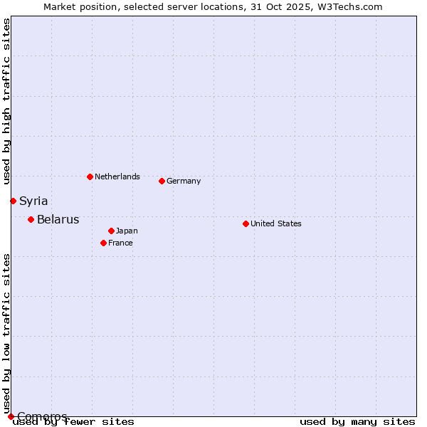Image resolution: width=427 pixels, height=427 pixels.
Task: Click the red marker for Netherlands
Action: (x=90, y=176)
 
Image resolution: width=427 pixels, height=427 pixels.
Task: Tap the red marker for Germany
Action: (x=162, y=181)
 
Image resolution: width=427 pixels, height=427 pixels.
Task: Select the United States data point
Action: (x=246, y=223)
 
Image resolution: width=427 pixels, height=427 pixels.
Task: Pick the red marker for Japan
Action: (x=111, y=231)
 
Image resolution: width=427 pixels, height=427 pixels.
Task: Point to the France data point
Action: (x=103, y=243)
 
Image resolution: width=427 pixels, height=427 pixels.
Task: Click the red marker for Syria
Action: (x=13, y=201)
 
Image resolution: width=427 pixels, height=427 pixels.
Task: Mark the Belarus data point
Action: (x=31, y=219)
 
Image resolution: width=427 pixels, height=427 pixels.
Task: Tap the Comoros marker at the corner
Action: (x=11, y=416)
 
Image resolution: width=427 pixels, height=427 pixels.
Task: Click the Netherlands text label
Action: (x=117, y=176)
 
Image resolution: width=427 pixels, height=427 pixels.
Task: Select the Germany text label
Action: (x=184, y=181)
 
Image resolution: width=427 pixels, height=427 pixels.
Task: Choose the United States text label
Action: (x=275, y=223)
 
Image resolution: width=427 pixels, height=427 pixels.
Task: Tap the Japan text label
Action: (x=127, y=231)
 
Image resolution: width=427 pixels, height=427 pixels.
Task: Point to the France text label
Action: (x=120, y=243)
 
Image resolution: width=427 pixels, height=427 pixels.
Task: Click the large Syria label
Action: (x=33, y=201)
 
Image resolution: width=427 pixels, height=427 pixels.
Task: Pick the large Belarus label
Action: (x=58, y=219)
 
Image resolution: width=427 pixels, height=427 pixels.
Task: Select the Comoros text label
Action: (x=42, y=416)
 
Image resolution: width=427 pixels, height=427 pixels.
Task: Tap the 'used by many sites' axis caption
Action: (x=357, y=422)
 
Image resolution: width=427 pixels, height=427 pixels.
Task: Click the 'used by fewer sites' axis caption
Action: (x=74, y=422)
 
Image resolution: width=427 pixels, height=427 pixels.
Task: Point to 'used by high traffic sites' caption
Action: (x=6, y=101)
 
